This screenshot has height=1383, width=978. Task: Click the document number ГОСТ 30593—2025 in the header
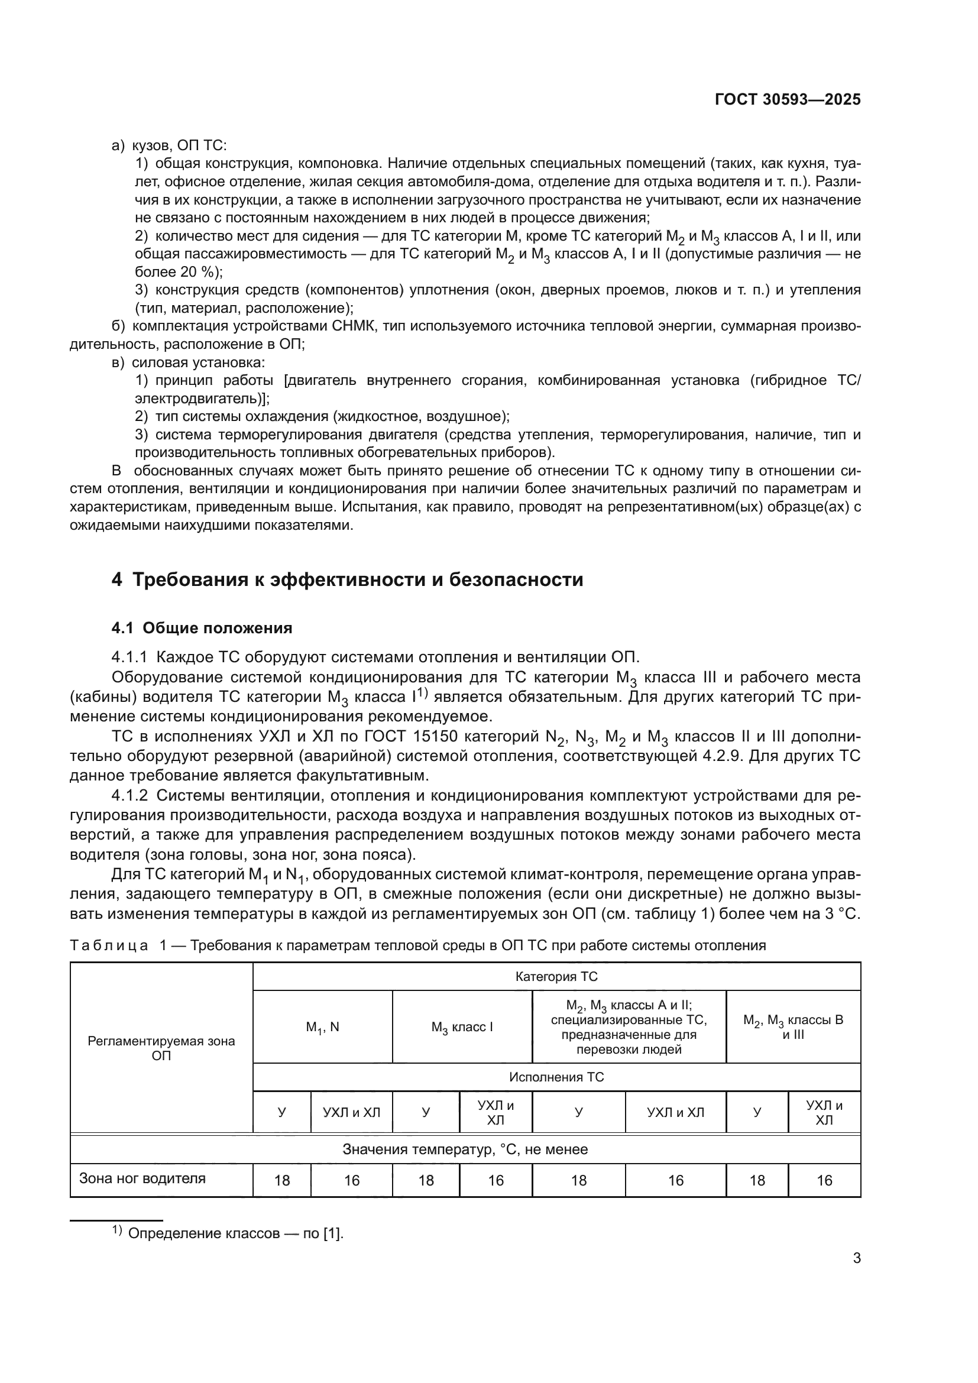[788, 100]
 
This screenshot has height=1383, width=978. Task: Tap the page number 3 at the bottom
[856, 1258]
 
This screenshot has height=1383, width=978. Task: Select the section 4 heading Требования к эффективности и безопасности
[348, 579]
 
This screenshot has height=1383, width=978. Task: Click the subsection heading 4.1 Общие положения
[202, 629]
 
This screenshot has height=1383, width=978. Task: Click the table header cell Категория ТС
[556, 976]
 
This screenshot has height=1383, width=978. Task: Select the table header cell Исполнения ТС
[556, 1077]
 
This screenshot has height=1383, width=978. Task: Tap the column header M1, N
[322, 1027]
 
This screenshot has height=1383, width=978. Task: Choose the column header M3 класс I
[462, 1027]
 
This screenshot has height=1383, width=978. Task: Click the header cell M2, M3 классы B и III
[793, 1027]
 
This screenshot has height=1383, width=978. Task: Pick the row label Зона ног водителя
[142, 1178]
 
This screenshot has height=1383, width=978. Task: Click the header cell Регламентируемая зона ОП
[161, 1048]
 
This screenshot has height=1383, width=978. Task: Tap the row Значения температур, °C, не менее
[465, 1149]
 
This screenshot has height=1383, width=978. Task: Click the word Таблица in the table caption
[109, 945]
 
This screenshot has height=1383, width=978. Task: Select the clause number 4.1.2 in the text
[129, 796]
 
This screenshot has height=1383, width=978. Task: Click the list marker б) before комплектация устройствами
[118, 326]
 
